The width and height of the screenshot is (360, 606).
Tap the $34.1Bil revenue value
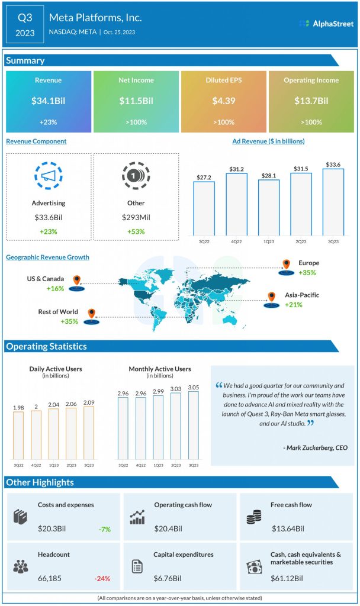tap(49, 101)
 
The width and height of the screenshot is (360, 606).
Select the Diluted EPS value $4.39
tap(224, 101)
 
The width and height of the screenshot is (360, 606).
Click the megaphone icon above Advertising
tap(49, 176)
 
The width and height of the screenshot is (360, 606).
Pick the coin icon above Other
tap(136, 176)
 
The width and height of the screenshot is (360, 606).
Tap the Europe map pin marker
tap(287, 265)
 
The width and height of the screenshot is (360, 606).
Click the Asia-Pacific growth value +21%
tap(293, 305)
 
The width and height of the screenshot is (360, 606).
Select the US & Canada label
tap(46, 278)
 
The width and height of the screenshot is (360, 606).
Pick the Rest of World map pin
tap(91, 313)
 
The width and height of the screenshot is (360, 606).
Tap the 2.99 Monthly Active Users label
tap(158, 392)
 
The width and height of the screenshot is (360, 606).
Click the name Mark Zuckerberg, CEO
tap(316, 448)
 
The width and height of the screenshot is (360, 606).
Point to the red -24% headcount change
tap(102, 578)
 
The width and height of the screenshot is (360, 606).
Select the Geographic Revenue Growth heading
tap(47, 257)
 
